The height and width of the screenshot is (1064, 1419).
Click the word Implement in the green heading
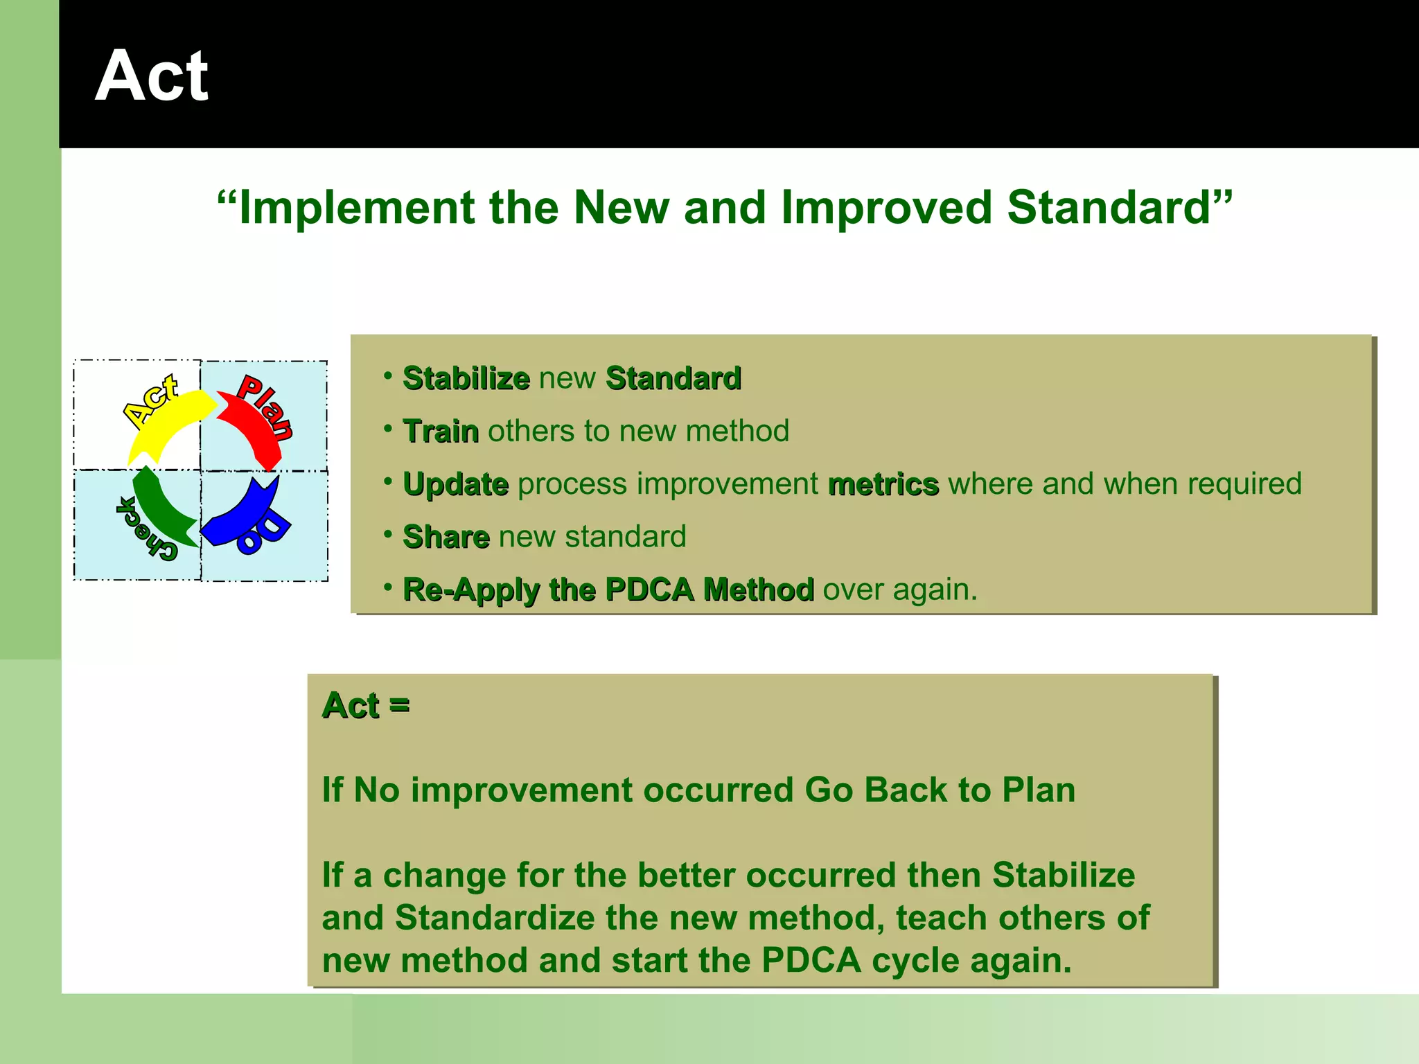click(x=356, y=208)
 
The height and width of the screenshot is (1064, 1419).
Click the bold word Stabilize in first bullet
click(x=466, y=379)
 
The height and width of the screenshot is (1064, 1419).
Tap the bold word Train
click(x=441, y=432)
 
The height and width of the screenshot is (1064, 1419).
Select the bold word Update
click(x=455, y=484)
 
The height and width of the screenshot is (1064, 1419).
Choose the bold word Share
click(x=446, y=537)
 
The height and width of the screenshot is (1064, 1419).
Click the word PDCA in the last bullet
click(x=649, y=589)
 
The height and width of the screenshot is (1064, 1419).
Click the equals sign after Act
click(x=400, y=706)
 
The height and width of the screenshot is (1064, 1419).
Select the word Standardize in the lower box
click(x=495, y=918)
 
